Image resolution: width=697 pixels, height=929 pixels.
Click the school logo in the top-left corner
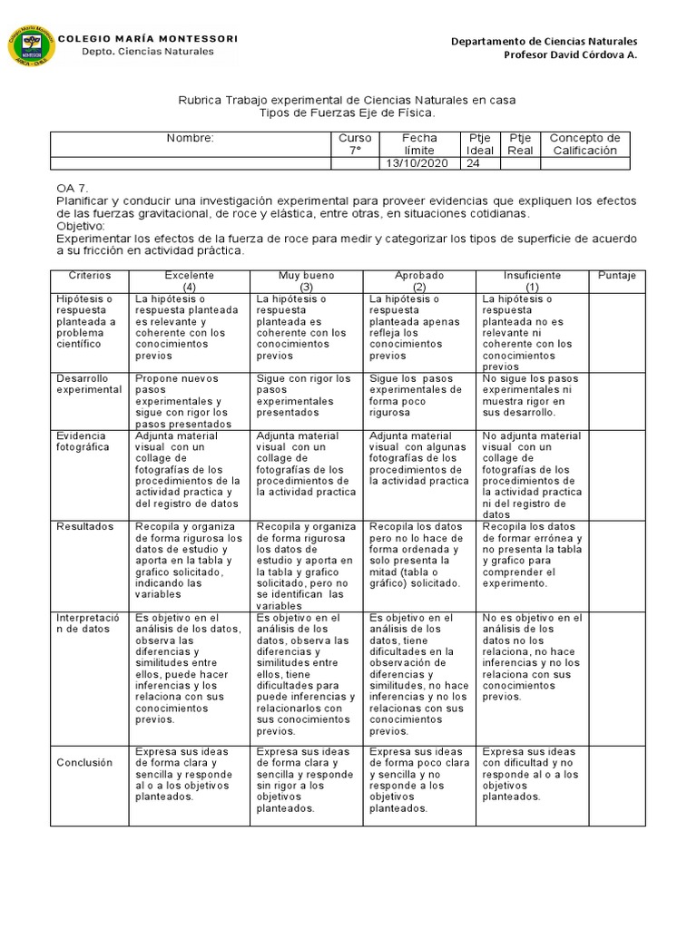tap(31, 51)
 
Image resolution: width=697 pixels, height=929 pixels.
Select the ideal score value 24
tap(473, 163)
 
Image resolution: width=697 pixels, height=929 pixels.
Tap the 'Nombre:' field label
tap(190, 138)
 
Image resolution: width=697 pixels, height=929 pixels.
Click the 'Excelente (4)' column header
tap(189, 280)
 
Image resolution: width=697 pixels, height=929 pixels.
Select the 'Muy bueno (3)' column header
tap(306, 280)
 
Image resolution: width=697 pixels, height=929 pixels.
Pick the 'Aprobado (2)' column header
tap(418, 280)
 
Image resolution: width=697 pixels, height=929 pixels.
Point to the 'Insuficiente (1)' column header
tap(532, 280)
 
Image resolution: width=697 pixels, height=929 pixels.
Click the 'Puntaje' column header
tap(617, 275)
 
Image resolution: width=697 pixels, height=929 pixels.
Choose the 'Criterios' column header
tap(89, 275)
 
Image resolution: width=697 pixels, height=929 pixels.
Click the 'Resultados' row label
tap(84, 526)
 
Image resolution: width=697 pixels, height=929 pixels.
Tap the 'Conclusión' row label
tap(84, 762)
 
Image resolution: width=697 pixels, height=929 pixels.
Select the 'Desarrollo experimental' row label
tap(89, 384)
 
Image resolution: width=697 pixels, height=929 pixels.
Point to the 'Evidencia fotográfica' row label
tap(83, 441)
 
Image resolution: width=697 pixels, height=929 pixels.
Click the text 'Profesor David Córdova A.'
tap(570, 55)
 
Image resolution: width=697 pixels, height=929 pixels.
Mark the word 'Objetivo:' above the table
tap(81, 225)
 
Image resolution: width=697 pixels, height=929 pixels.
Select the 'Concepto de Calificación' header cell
tap(585, 143)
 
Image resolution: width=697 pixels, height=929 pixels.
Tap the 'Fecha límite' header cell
tap(418, 143)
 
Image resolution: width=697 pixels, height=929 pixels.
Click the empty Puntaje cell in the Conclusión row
tap(617, 785)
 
